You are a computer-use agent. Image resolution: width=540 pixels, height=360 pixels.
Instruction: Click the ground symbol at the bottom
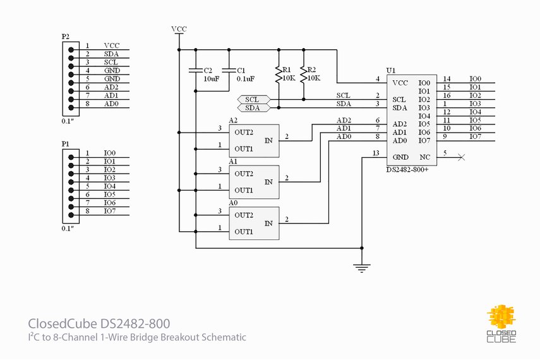coord(361,268)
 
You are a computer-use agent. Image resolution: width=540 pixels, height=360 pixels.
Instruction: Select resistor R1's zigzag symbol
coord(277,75)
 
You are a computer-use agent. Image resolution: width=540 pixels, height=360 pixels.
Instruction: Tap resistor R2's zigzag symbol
coord(304,75)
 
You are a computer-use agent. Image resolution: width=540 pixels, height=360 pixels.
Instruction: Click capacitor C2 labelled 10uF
coord(196,71)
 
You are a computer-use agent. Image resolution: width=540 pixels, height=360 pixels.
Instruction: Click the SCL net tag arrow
coord(253,100)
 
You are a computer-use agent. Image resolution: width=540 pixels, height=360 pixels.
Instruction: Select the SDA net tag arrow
coord(253,108)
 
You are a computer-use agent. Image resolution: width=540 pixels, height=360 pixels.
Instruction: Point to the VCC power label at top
coord(179,30)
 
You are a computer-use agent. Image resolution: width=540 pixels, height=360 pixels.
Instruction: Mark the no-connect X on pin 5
coord(461,157)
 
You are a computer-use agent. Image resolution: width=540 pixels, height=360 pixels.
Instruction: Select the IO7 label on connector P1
coord(110,211)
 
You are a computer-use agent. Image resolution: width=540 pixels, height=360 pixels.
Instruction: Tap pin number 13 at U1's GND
coord(376,153)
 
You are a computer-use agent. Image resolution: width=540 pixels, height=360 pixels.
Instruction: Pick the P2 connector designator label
coord(66,37)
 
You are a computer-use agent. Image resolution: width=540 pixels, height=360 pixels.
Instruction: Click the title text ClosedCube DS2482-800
coord(99,324)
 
